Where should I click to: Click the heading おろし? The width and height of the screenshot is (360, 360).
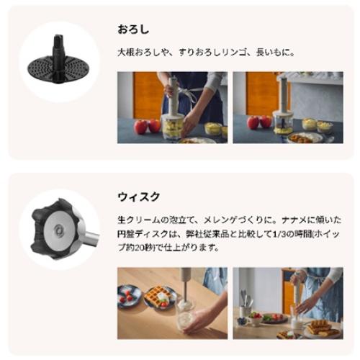click(x=133, y=30)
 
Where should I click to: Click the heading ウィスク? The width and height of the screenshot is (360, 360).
click(x=138, y=197)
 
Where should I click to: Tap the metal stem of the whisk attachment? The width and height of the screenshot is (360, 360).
click(x=92, y=239)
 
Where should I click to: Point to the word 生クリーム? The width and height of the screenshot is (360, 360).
click(x=139, y=220)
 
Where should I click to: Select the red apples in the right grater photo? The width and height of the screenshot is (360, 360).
click(x=259, y=122)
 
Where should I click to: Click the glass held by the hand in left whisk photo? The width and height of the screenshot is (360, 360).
click(x=186, y=316)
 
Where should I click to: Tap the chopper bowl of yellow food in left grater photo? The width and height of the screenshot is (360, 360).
click(x=173, y=127)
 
